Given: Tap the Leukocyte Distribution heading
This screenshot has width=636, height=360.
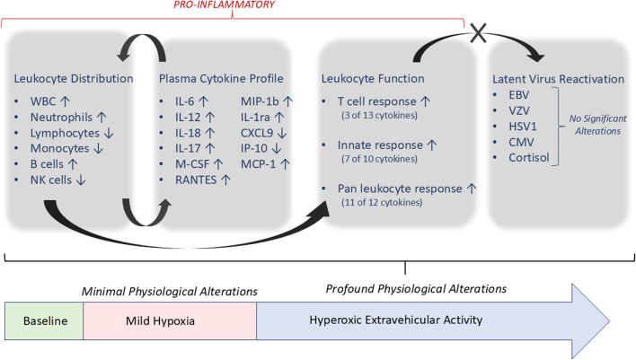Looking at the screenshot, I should tap(75, 79).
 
